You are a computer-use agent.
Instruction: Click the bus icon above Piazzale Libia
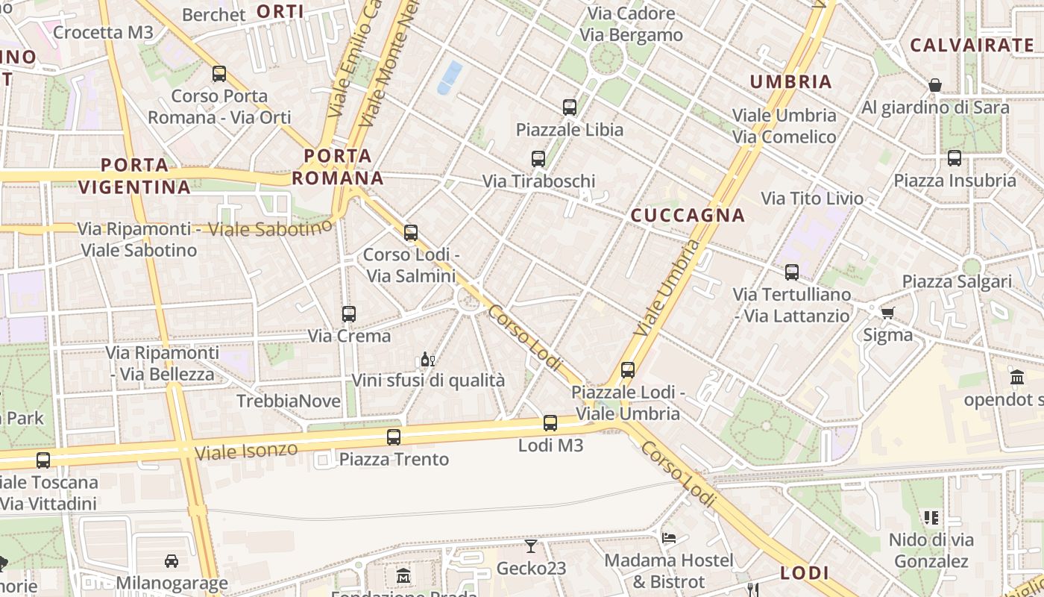pyautogui.click(x=570, y=107)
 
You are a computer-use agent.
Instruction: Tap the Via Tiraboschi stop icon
pyautogui.click(x=538, y=158)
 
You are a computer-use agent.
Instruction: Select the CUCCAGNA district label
pyautogui.click(x=688, y=216)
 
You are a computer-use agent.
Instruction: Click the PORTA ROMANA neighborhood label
pyautogui.click(x=337, y=167)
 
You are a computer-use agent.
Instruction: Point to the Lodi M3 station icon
pyautogui.click(x=550, y=423)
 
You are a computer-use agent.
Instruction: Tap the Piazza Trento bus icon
pyautogui.click(x=394, y=437)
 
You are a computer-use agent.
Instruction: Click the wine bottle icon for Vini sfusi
pyautogui.click(x=427, y=360)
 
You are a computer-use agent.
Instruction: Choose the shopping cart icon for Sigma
pyautogui.click(x=887, y=313)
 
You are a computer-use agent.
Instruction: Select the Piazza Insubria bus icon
pyautogui.click(x=955, y=158)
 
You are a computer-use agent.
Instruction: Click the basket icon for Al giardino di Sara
pyautogui.click(x=935, y=85)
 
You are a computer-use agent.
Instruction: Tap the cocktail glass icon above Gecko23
pyautogui.click(x=530, y=546)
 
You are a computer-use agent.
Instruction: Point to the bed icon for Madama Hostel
pyautogui.click(x=669, y=537)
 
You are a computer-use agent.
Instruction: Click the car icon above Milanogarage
pyautogui.click(x=172, y=560)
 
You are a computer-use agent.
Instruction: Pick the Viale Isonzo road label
pyautogui.click(x=246, y=451)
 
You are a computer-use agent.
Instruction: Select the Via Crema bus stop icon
pyautogui.click(x=348, y=314)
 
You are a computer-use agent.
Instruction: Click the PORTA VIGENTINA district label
pyautogui.click(x=135, y=176)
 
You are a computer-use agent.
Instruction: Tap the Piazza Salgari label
pyautogui.click(x=957, y=281)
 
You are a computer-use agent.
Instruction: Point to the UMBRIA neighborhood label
pyautogui.click(x=790, y=82)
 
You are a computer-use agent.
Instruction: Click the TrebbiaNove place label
pyautogui.click(x=289, y=401)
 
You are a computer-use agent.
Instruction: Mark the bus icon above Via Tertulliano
pyautogui.click(x=792, y=272)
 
